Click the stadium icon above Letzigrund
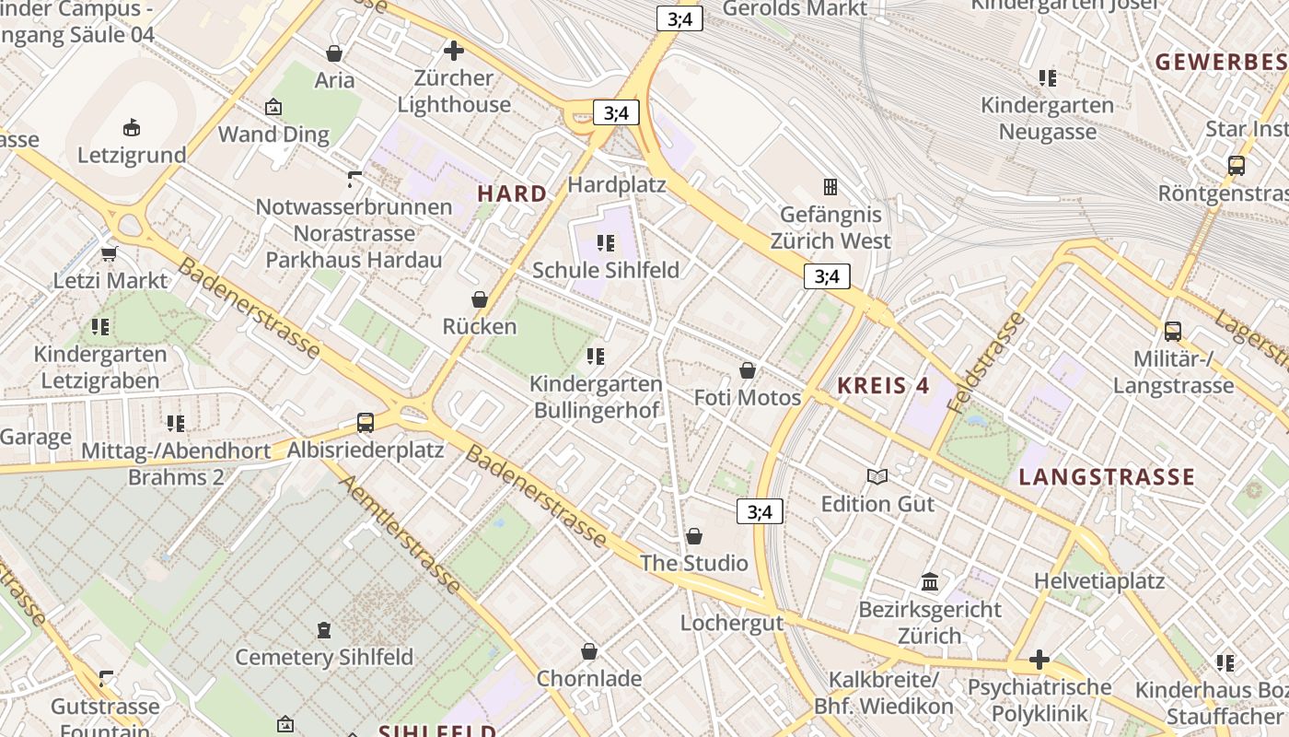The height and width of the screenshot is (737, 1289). point(132,127)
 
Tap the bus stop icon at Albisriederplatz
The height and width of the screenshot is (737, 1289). point(366,423)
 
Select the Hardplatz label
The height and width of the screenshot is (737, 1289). point(616,184)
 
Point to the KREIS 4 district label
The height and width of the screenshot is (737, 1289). point(883,386)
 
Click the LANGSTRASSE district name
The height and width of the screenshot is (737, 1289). point(1106,477)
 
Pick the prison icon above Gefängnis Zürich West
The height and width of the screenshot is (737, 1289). point(830,187)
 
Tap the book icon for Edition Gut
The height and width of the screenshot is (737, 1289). point(877,476)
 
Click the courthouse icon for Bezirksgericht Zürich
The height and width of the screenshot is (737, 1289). point(930,582)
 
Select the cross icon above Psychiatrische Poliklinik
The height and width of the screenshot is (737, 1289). point(1039,660)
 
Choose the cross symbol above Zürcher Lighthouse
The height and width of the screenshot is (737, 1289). point(454,51)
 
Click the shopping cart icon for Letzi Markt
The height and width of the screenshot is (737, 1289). point(110,253)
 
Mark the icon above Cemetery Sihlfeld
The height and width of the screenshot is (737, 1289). point(323,630)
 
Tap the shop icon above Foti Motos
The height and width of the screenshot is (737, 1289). point(748,370)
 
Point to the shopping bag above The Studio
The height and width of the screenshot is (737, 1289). point(694,536)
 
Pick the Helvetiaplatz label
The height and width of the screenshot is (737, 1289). point(1098,581)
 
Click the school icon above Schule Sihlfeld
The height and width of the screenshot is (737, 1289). point(605,243)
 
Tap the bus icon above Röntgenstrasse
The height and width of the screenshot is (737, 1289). point(1236,166)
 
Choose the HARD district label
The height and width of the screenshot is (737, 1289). point(512,194)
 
